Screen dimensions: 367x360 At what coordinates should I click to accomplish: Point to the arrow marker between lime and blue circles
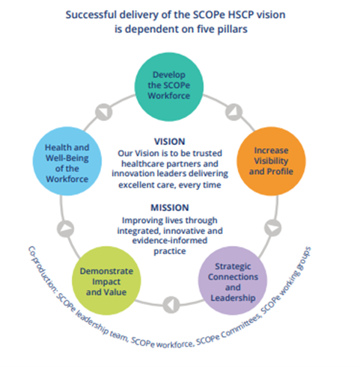pyautogui.click(x=67, y=227)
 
